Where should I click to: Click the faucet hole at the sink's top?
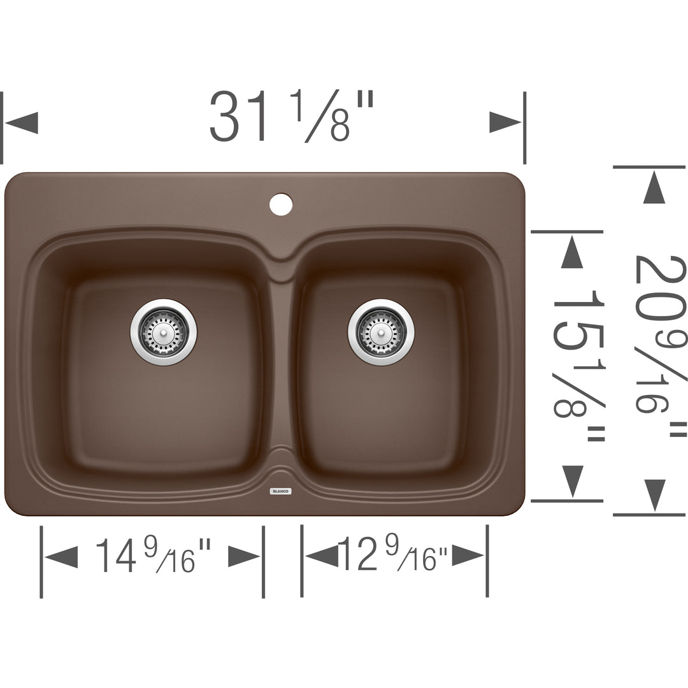(281, 204)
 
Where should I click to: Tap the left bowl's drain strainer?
(164, 332)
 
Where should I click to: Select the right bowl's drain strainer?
(381, 332)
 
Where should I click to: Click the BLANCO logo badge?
(280, 491)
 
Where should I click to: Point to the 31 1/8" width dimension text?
(291, 117)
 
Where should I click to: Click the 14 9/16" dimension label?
(153, 555)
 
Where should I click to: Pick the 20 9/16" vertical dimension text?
(661, 346)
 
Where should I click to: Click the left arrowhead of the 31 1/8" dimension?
(21, 122)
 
